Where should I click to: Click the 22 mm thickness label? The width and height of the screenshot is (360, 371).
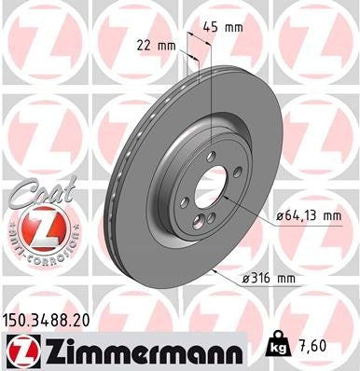[156, 43]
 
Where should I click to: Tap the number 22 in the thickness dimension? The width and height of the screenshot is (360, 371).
[145, 43]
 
